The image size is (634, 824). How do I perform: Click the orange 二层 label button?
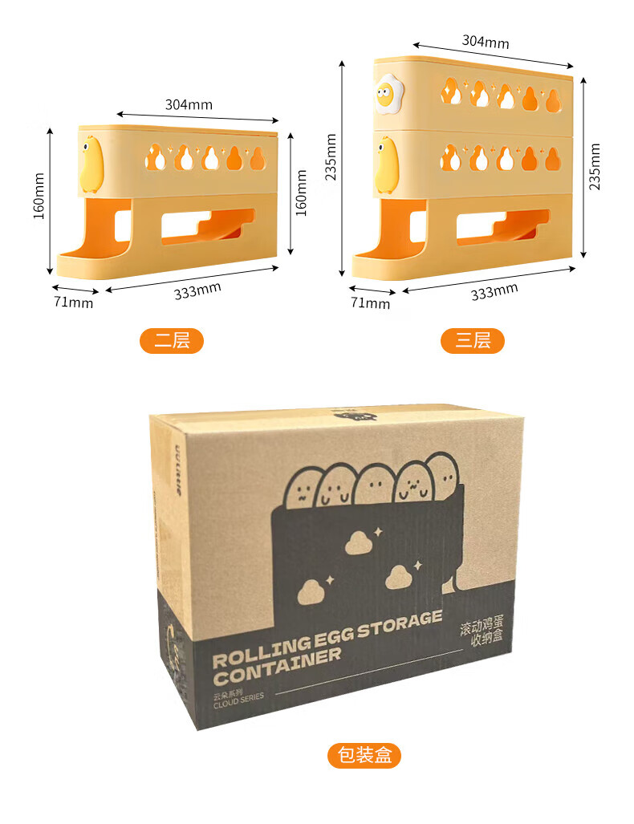172,340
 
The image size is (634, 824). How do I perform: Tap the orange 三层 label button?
473,340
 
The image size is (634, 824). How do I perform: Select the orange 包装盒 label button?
364,755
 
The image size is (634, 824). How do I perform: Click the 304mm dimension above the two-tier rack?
189,104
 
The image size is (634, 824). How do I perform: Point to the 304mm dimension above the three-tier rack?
485,42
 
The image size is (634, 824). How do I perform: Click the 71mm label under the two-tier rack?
73,302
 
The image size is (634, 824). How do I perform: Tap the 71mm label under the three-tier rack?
370,302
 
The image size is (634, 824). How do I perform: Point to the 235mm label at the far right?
595,166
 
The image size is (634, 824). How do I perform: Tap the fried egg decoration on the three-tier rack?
388,95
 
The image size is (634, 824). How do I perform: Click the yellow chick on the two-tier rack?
91,163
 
